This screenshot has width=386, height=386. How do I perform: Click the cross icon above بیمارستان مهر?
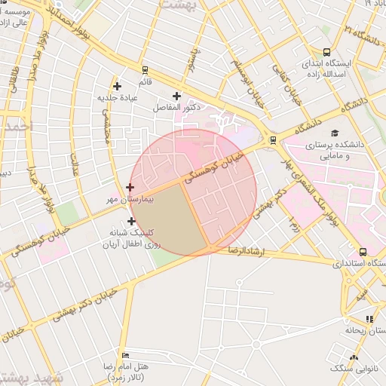click(x=130, y=187)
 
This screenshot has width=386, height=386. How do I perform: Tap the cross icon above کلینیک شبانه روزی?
click(x=133, y=221)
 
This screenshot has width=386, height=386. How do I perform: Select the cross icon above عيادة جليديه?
click(x=117, y=86)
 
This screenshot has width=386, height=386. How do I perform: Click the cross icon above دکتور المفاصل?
click(x=177, y=96)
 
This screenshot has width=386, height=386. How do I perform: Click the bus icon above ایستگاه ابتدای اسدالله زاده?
click(x=326, y=52)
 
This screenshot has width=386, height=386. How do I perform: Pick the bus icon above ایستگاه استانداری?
click(x=363, y=252)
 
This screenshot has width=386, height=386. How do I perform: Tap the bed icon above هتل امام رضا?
click(x=125, y=355)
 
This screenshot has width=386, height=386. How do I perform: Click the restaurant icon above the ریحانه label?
click(x=369, y=319)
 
